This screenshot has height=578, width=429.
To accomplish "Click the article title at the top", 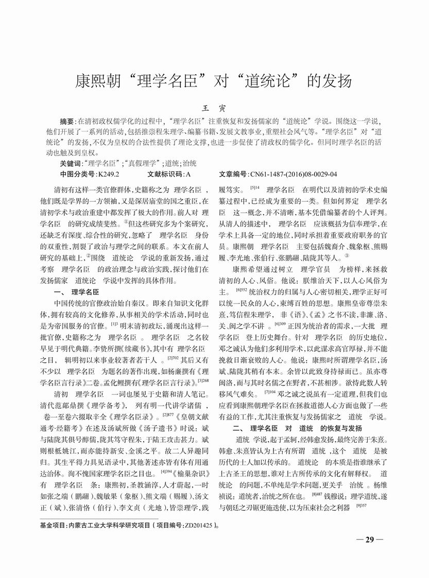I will [214, 81].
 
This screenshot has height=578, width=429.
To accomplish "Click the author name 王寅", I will [214, 109].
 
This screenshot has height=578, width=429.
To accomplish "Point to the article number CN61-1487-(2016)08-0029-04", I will [294, 174].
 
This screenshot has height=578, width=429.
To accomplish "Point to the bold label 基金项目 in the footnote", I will [52, 527].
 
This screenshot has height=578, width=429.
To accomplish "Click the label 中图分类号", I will [77, 174].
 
